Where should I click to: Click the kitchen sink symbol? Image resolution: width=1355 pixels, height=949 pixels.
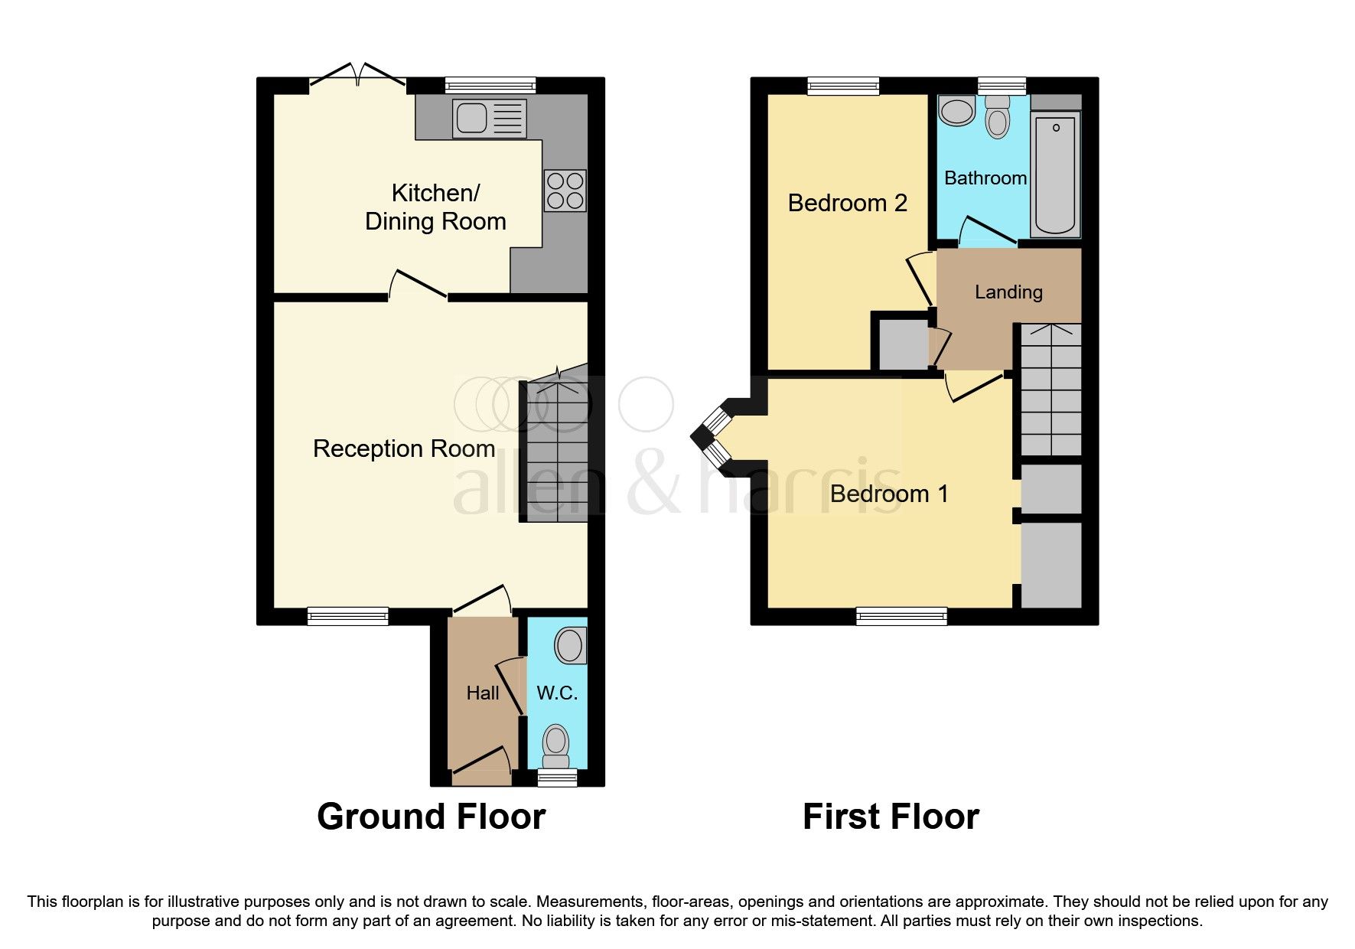[489, 119]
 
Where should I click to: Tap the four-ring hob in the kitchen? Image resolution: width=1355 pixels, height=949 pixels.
[565, 191]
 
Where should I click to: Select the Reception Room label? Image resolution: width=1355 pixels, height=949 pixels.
[404, 448]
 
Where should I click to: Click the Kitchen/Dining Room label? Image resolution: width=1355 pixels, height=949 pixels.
[435, 207]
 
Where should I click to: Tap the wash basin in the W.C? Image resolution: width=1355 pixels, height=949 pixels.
[571, 645]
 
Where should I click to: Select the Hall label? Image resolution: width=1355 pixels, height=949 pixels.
[483, 693]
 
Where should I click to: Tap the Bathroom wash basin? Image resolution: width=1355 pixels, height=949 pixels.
[956, 111]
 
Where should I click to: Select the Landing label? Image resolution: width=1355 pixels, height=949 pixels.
[1008, 292]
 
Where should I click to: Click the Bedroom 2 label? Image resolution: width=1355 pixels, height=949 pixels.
[847, 204]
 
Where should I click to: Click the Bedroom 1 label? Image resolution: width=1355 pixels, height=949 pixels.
[889, 494]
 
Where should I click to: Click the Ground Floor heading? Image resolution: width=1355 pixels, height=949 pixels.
[431, 817]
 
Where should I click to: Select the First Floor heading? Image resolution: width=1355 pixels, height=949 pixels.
[891, 817]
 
